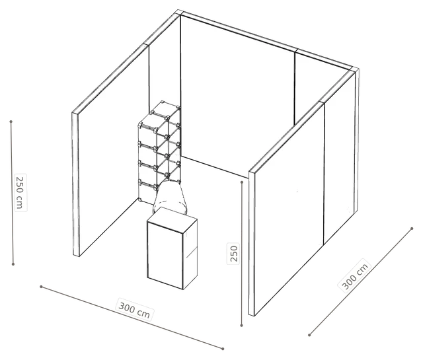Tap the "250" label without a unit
[x=233, y=253]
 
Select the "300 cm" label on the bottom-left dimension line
[x=134, y=309]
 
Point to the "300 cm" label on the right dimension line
[x=355, y=276]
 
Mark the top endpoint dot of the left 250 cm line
[x=11, y=122]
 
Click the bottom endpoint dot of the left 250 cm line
[x=13, y=264]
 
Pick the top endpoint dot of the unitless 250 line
[x=242, y=182]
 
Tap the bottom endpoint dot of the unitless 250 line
[x=242, y=326]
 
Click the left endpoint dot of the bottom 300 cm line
[x=41, y=287]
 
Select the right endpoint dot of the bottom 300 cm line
[x=223, y=349]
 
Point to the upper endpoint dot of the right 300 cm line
[x=412, y=229]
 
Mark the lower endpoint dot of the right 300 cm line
[x=309, y=335]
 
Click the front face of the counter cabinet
[x=165, y=256]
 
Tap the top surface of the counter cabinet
[x=173, y=219]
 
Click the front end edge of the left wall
[x=76, y=184]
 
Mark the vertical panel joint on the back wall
[x=295, y=89]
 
